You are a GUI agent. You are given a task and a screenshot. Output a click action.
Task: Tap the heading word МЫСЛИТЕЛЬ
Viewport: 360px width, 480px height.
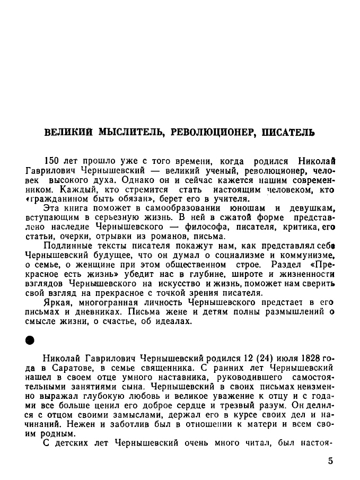[133, 132]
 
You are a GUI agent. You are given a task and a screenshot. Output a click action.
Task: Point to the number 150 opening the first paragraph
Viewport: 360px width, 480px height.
[52, 161]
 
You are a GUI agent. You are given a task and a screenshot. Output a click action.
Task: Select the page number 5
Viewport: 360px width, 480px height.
[330, 460]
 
